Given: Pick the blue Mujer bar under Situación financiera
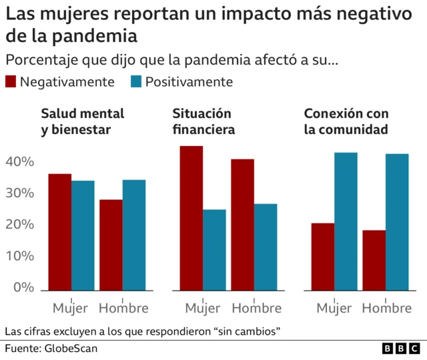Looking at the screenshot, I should (x=214, y=250).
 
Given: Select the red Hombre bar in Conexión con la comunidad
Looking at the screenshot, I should (x=374, y=260).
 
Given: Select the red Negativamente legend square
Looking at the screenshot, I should (x=11, y=82).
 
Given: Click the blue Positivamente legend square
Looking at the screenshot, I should (x=136, y=82).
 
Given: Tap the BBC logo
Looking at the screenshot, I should (x=401, y=349).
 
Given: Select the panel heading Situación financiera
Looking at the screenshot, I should (x=203, y=121).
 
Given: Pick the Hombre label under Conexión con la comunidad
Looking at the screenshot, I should (x=387, y=308).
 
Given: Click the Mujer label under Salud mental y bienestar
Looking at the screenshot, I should (x=71, y=308).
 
